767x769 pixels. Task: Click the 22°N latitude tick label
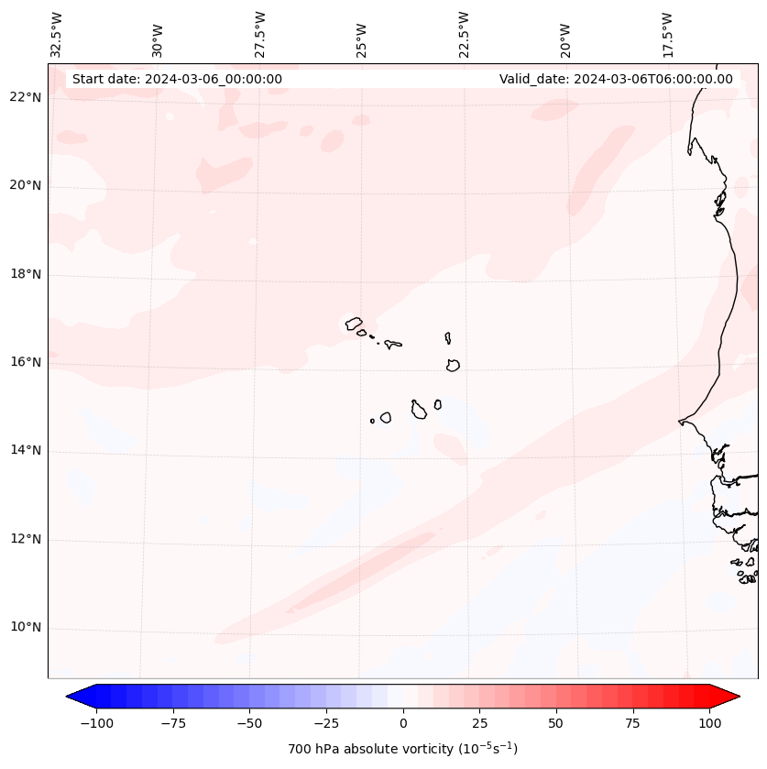(26, 97)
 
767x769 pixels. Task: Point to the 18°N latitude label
(26, 274)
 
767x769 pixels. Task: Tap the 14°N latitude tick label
(26, 450)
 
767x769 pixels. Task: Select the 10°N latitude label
(26, 627)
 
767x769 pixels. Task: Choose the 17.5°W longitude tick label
(667, 34)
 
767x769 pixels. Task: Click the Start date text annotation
(177, 79)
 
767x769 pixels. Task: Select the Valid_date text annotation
(616, 79)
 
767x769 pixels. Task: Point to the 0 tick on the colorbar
(403, 723)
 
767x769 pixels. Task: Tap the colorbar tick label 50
(556, 723)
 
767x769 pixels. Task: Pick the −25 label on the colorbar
(326, 723)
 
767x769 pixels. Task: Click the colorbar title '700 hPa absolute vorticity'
(403, 749)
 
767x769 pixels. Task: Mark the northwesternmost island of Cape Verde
(354, 324)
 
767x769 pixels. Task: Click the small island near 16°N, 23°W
(453, 365)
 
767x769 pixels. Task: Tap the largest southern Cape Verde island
(419, 410)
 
